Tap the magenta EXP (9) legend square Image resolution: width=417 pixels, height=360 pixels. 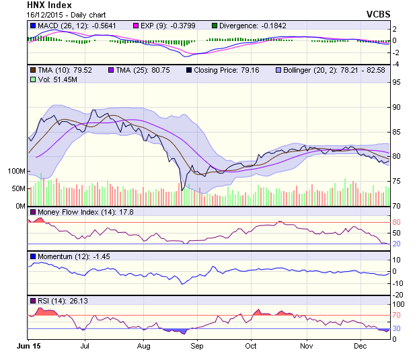click(135, 26)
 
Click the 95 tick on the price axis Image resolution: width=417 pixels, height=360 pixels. click(397, 83)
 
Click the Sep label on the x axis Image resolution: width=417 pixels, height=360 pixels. click(196, 346)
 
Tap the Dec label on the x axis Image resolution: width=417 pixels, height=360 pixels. click(360, 346)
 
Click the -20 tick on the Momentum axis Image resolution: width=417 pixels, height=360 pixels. click(397, 294)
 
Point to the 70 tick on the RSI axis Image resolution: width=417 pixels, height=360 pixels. click(397, 315)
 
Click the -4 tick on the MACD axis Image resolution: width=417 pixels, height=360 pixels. click(397, 64)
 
